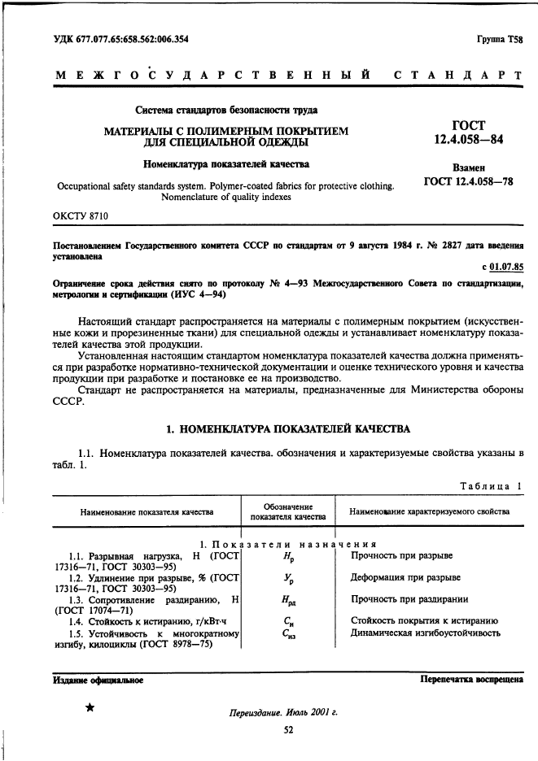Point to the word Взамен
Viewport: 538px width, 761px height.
click(468, 166)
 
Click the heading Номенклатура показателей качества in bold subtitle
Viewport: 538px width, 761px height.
click(215, 164)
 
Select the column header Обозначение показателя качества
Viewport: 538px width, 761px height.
click(287, 511)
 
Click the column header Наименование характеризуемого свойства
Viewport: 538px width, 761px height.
click(429, 511)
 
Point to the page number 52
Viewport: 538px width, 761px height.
click(287, 729)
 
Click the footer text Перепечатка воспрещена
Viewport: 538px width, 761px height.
click(471, 679)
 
